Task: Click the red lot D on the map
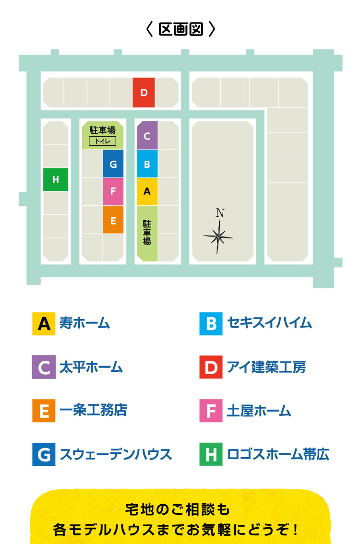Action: pos(144,93)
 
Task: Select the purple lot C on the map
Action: pos(147,136)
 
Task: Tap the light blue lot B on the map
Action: pos(147,164)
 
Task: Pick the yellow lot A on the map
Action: pos(147,191)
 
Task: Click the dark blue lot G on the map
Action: pos(113,164)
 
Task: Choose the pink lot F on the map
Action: pos(113,191)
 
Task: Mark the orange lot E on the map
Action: pos(113,220)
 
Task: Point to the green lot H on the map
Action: pos(56,180)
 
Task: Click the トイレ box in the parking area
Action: pos(102,141)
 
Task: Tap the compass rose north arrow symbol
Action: pos(218,234)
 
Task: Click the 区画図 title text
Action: pos(180,29)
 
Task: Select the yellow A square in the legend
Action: pos(44,324)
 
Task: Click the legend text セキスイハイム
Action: pos(269,323)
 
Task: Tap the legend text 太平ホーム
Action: pos(91,367)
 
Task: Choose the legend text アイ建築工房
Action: pos(266,367)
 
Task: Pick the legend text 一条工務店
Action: pos(93,411)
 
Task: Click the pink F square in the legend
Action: pos(211,411)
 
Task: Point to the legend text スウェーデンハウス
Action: pos(116,454)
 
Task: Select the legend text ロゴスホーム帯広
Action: pos(278,454)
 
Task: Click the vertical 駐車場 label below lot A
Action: pos(147,233)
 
